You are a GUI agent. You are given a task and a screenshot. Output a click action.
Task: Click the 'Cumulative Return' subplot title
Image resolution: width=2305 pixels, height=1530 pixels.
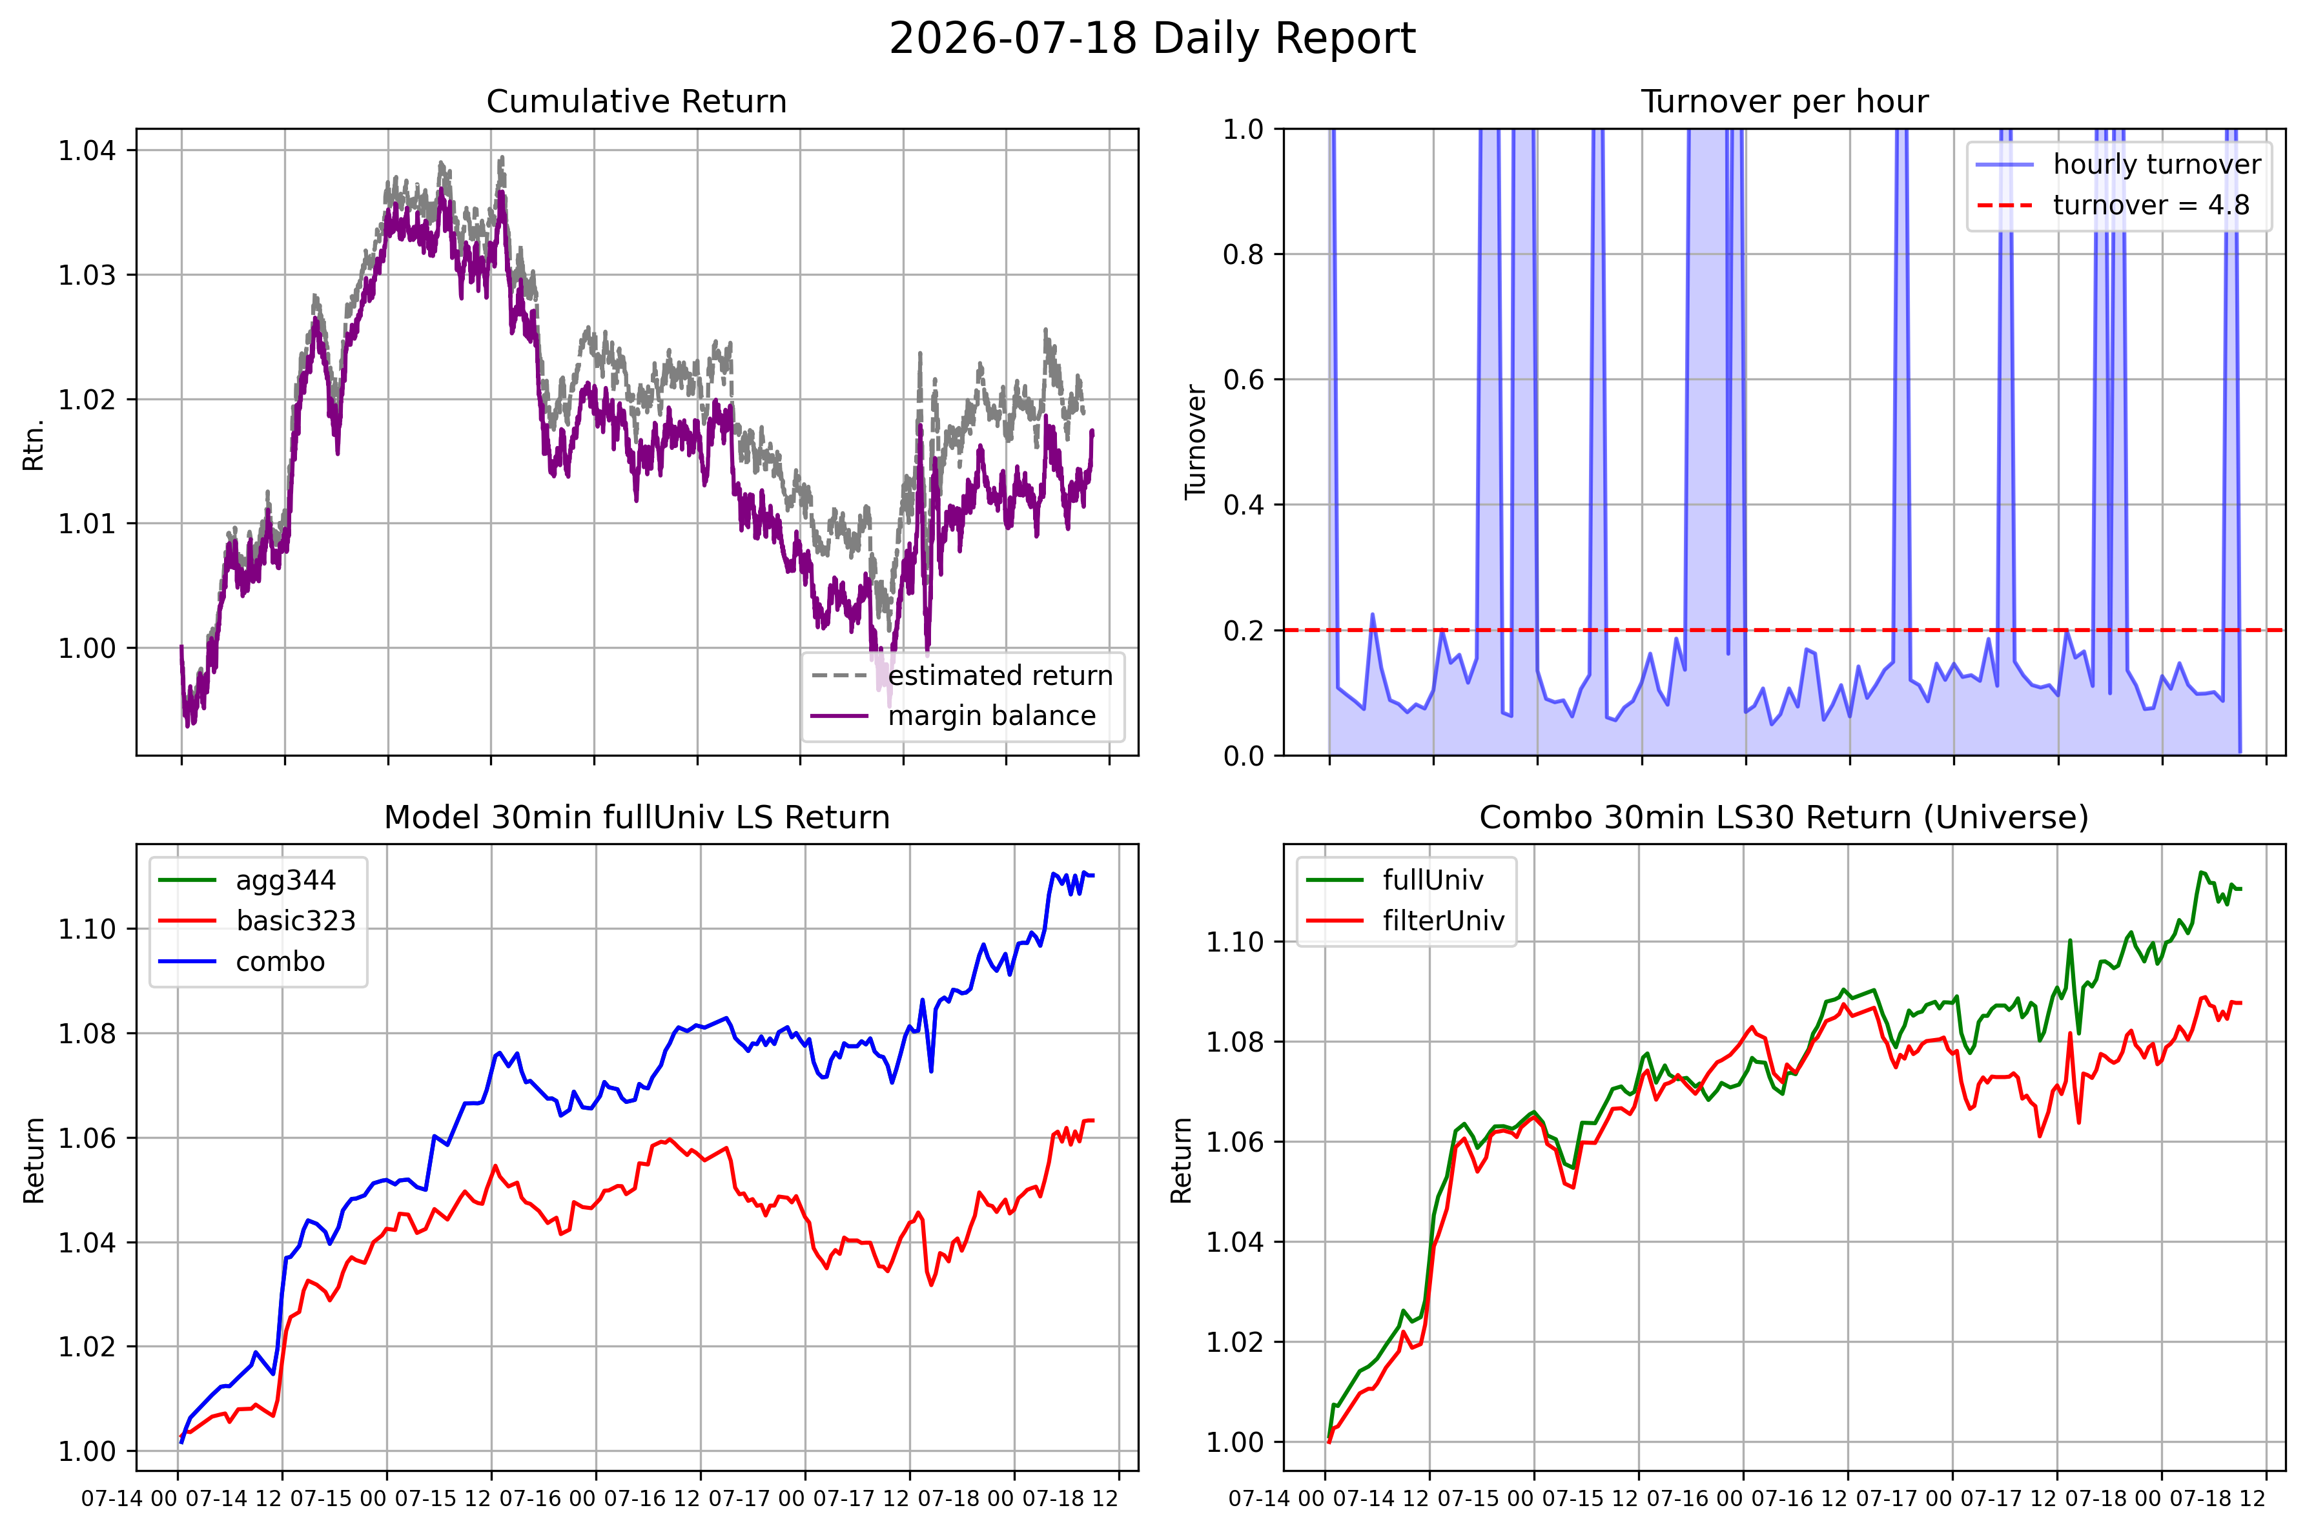pyautogui.click(x=636, y=101)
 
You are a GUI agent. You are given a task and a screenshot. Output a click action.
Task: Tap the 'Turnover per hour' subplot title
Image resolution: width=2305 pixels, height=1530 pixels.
pyautogui.click(x=1784, y=101)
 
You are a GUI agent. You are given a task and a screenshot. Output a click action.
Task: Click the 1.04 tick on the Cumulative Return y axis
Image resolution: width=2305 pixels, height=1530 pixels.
pyautogui.click(x=87, y=150)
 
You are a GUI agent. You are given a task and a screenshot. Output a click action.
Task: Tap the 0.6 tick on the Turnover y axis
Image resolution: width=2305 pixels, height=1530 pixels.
pyautogui.click(x=1244, y=380)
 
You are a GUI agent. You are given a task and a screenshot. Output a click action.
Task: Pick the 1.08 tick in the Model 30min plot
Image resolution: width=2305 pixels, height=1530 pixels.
pyautogui.click(x=87, y=1034)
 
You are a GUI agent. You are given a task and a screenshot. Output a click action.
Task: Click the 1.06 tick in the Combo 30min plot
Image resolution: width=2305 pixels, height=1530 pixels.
pyautogui.click(x=1234, y=1141)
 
